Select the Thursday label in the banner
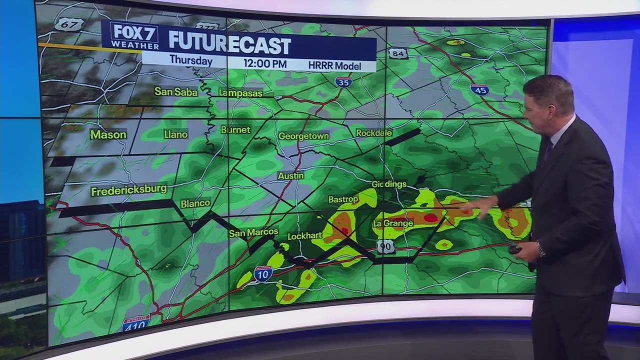coord(190,60)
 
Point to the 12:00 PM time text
coord(265,63)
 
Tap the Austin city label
coord(290,176)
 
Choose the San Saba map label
coord(176,91)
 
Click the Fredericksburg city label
coord(128,190)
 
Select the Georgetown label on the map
coord(303,136)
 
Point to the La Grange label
coord(393,223)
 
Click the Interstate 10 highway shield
coord(263,273)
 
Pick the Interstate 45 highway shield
coord(479,89)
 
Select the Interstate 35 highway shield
coord(343,81)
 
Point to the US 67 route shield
coord(69,24)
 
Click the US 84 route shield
coord(398,53)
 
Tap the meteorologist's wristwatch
coord(541,248)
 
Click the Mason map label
coord(108,135)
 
